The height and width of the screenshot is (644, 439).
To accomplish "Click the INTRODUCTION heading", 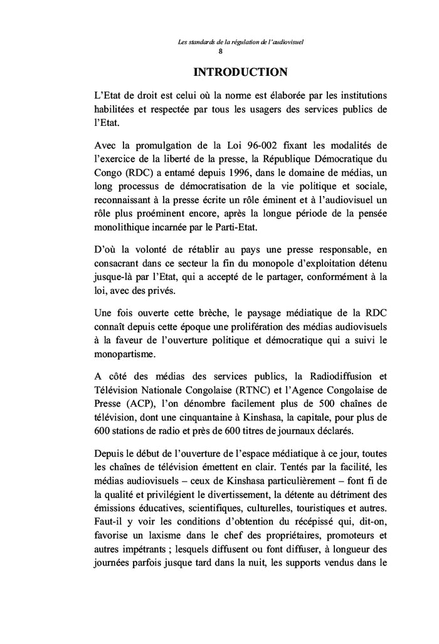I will click(x=241, y=73).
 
